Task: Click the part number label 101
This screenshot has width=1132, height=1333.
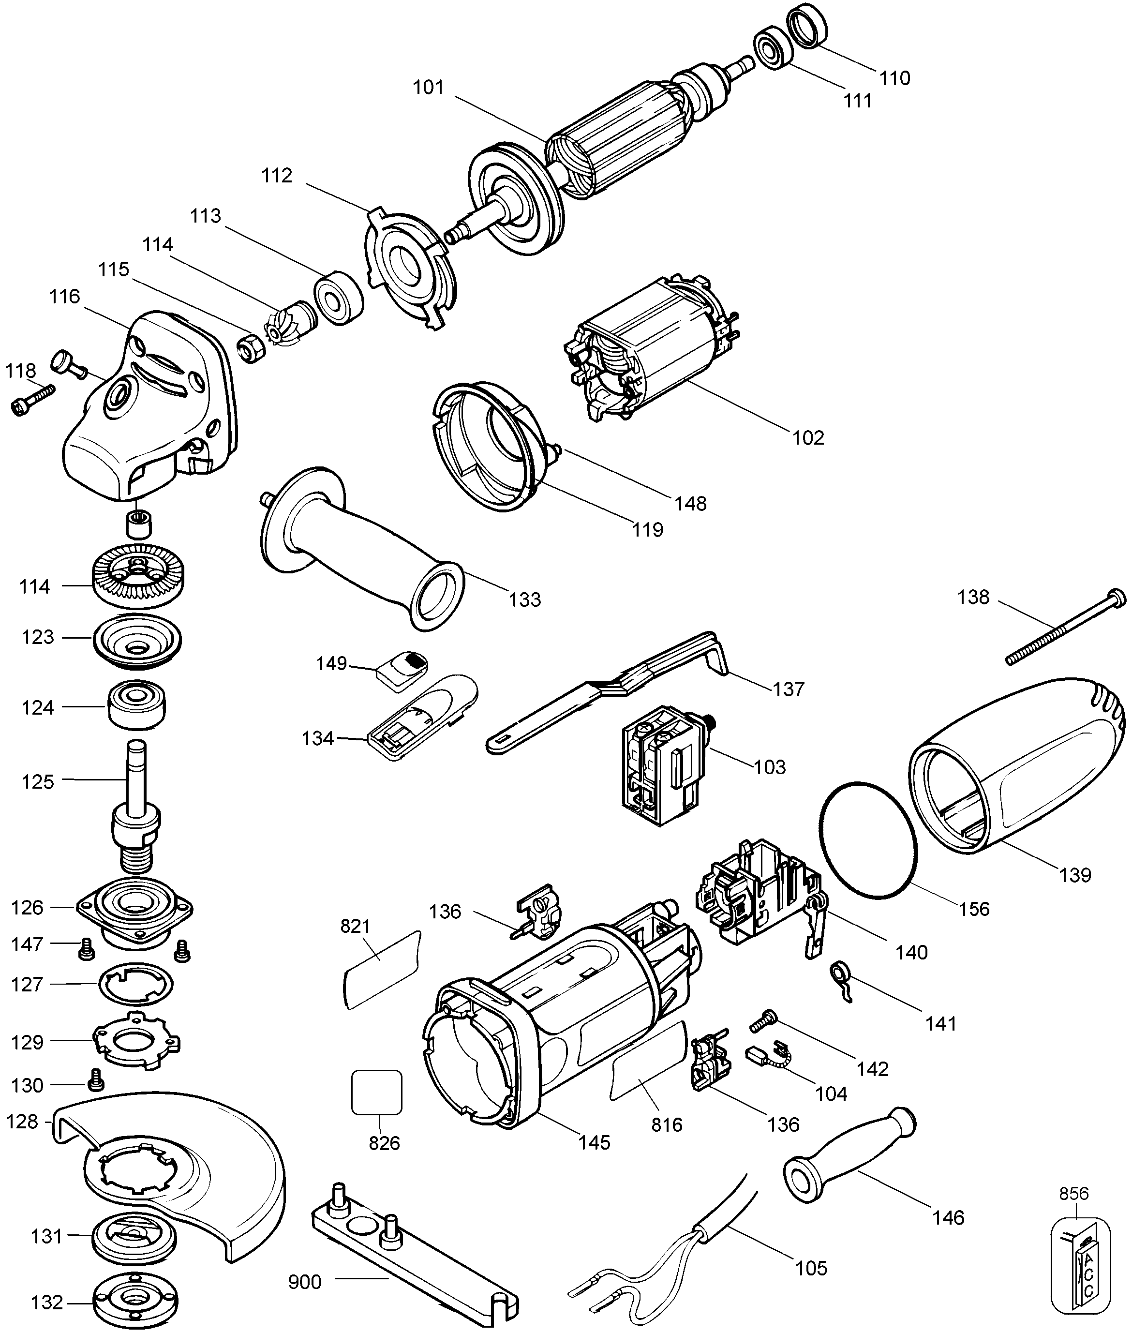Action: [428, 87]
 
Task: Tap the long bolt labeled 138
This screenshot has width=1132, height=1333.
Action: [1065, 629]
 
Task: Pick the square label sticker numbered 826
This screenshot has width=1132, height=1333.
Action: [377, 1092]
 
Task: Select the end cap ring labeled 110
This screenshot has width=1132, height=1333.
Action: [806, 26]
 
